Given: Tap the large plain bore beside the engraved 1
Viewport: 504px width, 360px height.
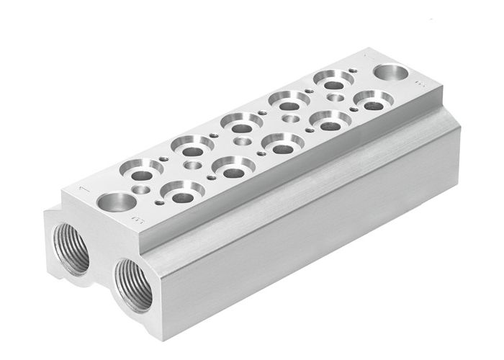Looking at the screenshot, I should [117, 202].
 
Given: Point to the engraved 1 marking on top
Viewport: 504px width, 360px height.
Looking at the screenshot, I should [85, 189].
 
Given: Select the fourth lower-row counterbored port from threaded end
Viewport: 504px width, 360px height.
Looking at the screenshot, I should [330, 123].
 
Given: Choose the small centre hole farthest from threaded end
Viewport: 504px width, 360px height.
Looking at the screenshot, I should [336, 97].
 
